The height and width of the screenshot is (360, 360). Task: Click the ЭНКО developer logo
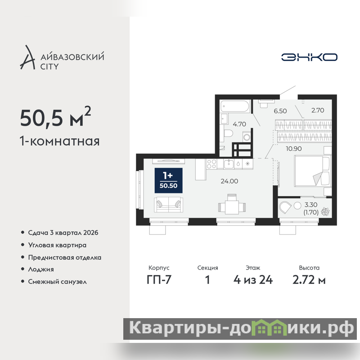tap(309, 57)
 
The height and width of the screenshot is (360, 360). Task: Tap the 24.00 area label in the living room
tap(229, 181)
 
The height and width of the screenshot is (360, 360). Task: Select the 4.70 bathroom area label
tap(239, 124)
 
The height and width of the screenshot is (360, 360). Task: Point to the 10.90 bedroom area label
tap(294, 149)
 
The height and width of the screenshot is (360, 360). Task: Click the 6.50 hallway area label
tap(280, 111)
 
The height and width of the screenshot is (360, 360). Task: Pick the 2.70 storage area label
tap(318, 110)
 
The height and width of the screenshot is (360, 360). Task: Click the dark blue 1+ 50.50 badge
tap(168, 180)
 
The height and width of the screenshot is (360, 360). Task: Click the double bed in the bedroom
tap(313, 171)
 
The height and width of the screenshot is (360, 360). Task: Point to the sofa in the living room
tap(168, 205)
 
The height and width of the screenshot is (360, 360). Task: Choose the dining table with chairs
tap(232, 205)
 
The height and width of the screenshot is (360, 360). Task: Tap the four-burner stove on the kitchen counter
tap(211, 164)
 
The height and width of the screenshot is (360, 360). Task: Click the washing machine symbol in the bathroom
tap(247, 137)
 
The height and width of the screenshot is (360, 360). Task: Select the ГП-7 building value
tap(159, 280)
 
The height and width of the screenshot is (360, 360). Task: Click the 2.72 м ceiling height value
tap(309, 280)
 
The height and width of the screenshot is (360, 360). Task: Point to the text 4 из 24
tap(253, 280)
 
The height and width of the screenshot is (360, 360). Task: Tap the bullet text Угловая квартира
tap(57, 245)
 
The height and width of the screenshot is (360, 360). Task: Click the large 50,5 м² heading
tap(55, 117)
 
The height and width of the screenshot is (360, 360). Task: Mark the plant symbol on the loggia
tap(325, 211)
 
